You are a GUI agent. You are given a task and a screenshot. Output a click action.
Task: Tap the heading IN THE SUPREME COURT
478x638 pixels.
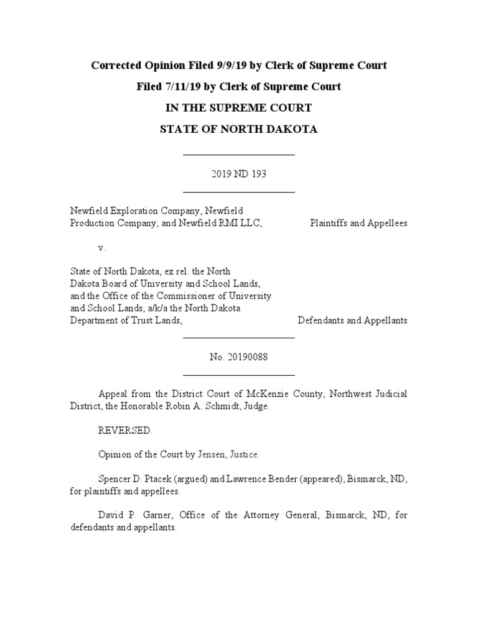tap(238, 108)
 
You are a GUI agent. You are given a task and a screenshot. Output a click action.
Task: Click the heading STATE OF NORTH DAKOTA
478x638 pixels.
tap(238, 130)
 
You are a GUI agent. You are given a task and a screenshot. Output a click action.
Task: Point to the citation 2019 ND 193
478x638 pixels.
tap(238, 174)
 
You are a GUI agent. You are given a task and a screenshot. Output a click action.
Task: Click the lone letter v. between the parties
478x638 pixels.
tap(101, 247)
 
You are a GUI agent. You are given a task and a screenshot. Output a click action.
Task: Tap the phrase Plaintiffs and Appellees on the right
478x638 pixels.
tap(358, 223)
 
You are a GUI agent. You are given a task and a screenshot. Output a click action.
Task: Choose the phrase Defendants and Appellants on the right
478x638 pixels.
tap(353, 320)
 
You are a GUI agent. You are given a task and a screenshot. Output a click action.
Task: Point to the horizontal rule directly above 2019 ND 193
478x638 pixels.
tap(238, 155)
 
